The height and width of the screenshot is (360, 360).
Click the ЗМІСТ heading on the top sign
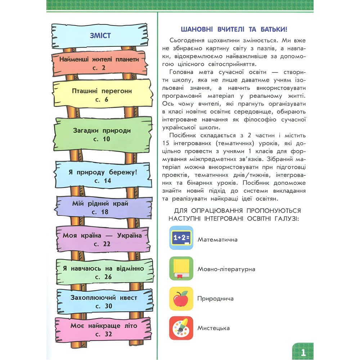(100, 36)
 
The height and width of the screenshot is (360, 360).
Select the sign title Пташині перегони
(102, 91)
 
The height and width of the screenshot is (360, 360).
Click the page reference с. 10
(102, 139)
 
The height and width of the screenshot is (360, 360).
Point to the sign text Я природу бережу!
(103, 172)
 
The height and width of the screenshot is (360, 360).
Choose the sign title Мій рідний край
(100, 204)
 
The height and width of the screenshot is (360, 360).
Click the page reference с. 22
(102, 244)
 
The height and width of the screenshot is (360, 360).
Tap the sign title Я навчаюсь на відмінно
(103, 269)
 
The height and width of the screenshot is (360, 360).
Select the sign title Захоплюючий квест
(103, 298)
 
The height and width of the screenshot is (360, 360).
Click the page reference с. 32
(104, 334)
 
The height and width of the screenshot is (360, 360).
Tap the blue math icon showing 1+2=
(181, 238)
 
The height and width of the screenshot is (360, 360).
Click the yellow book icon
(181, 268)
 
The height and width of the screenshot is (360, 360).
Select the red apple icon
(181, 298)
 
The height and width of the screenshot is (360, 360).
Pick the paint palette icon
(181, 328)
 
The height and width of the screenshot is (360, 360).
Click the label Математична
(217, 239)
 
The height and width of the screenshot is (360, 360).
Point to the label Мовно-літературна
(226, 269)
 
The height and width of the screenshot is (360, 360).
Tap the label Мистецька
(213, 328)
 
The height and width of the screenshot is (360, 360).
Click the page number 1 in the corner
(303, 352)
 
